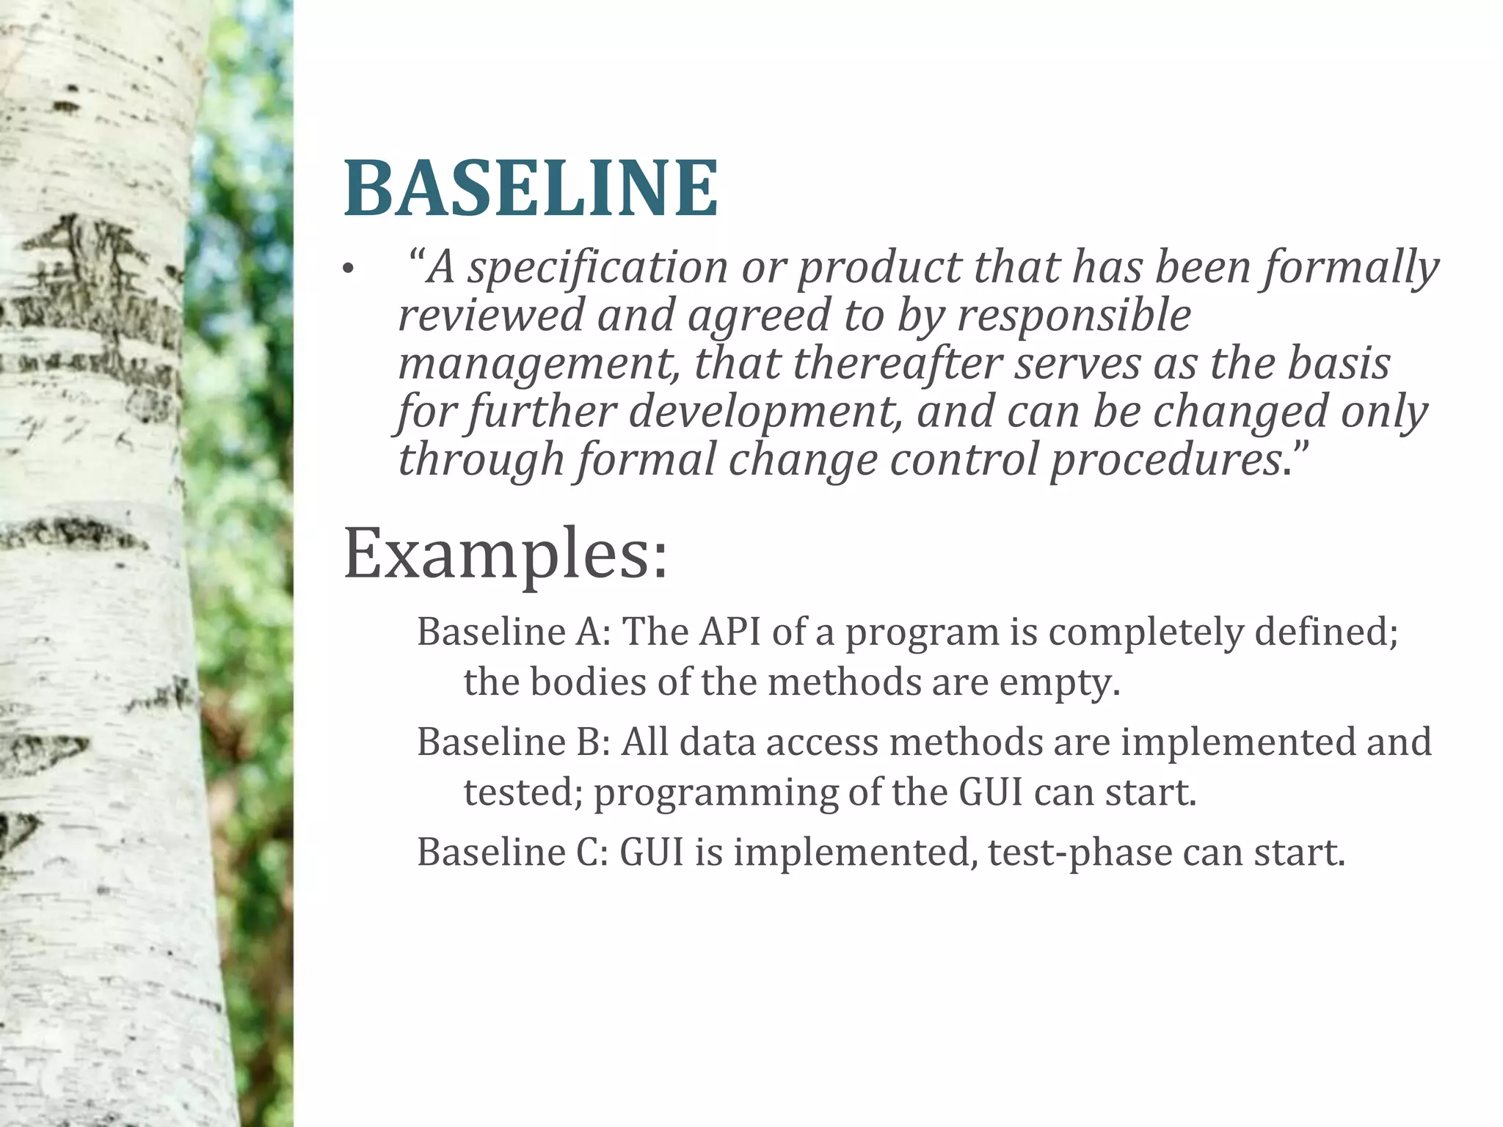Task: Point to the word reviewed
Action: pyautogui.click(x=490, y=316)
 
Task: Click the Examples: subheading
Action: pyautogui.click(x=506, y=555)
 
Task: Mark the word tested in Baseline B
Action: pyautogui.click(x=523, y=792)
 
